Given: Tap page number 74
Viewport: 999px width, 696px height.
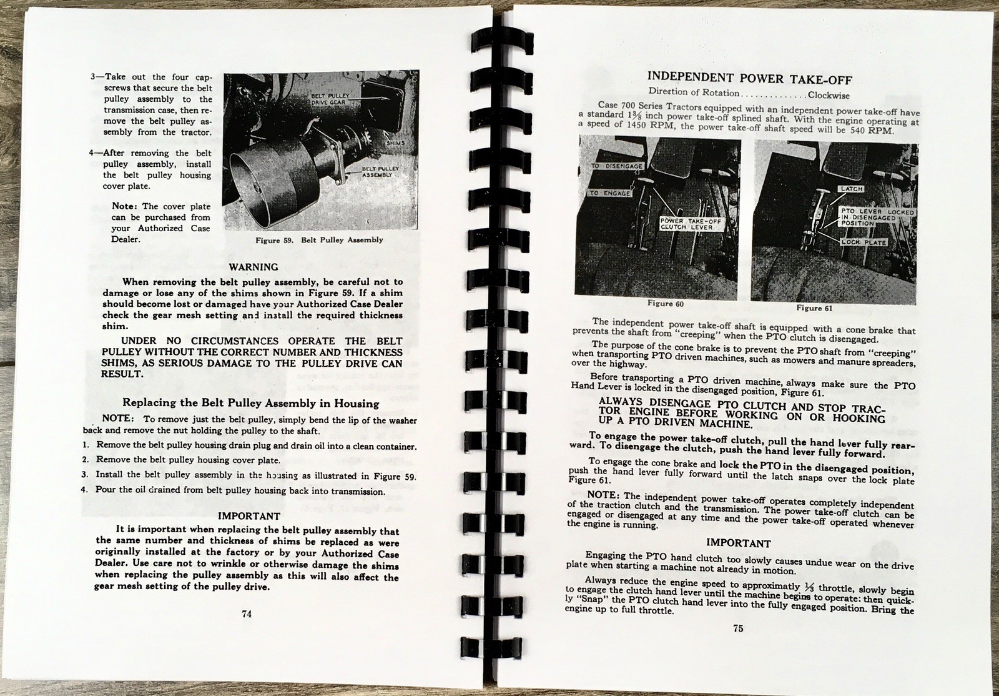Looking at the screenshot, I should pyautogui.click(x=246, y=614).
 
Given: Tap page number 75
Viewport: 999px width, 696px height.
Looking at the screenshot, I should pyautogui.click(x=738, y=629).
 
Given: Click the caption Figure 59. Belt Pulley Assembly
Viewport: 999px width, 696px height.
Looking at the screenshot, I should pyautogui.click(x=320, y=240).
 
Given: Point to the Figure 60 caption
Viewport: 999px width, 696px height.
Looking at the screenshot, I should pyautogui.click(x=661, y=304).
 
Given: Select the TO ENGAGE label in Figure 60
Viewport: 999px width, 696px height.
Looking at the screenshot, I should pyautogui.click(x=611, y=194).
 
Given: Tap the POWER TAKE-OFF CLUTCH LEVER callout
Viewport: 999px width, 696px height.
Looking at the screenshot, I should pyautogui.click(x=682, y=224).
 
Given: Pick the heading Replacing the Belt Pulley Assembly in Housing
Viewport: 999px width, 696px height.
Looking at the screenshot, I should pyautogui.click(x=250, y=403).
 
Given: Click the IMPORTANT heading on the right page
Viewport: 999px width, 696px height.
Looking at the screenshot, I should pyautogui.click(x=739, y=543).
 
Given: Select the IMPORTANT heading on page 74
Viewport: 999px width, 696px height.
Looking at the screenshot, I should pyautogui.click(x=249, y=516).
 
